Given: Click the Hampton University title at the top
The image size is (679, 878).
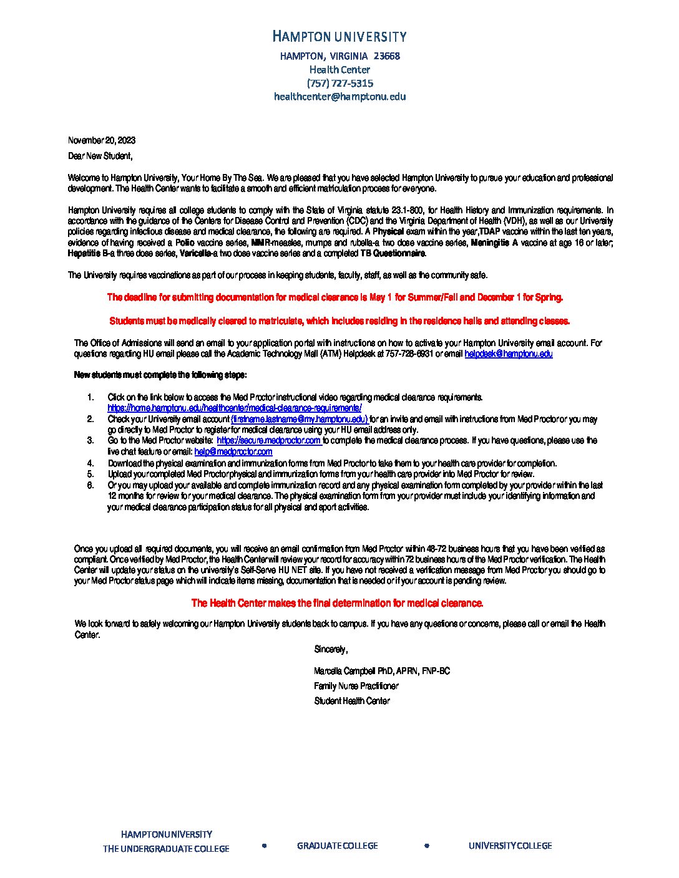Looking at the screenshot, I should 339,37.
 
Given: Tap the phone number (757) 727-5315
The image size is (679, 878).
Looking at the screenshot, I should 339,83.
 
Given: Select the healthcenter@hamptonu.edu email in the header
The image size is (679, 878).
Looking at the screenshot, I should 339,97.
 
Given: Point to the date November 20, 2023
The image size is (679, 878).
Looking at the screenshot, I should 102,140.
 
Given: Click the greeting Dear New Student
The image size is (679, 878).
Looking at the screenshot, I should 100,156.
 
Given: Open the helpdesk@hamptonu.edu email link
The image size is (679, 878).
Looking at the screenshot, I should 508,354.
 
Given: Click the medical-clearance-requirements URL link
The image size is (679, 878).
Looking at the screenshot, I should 235,408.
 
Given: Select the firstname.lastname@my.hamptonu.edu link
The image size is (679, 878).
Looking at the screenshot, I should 299,419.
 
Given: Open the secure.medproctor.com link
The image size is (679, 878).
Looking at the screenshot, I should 269,440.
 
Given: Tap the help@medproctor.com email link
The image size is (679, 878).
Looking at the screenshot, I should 233,451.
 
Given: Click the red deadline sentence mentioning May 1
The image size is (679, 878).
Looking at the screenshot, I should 335,297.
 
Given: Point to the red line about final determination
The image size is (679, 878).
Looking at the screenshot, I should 337,603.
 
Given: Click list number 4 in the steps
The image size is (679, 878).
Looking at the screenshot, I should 90,463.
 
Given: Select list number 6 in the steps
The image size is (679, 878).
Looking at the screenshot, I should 90,485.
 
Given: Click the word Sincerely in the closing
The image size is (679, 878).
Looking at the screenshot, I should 331,650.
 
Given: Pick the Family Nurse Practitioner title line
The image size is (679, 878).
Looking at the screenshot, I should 356,686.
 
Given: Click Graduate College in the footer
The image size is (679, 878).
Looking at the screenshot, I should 337,846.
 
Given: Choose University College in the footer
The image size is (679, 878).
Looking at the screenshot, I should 510,846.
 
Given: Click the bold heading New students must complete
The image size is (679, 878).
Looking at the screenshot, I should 160,375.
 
